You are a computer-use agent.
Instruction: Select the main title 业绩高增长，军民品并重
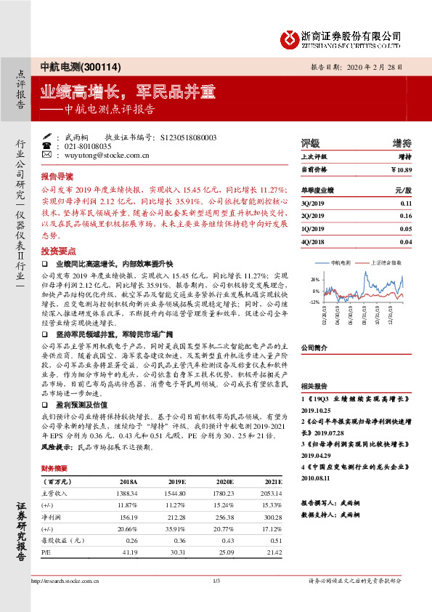pyautogui.click(x=128, y=92)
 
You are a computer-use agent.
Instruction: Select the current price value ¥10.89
pyautogui.click(x=401, y=169)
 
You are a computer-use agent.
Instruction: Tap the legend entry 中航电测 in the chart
pyautogui.click(x=341, y=262)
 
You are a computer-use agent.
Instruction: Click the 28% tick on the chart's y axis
pyautogui.click(x=314, y=279)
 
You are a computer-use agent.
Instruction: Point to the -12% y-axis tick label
pyautogui.click(x=314, y=301)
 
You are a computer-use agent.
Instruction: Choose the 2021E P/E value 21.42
pyautogui.click(x=272, y=553)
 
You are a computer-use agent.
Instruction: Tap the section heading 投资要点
pyautogui.click(x=57, y=248)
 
